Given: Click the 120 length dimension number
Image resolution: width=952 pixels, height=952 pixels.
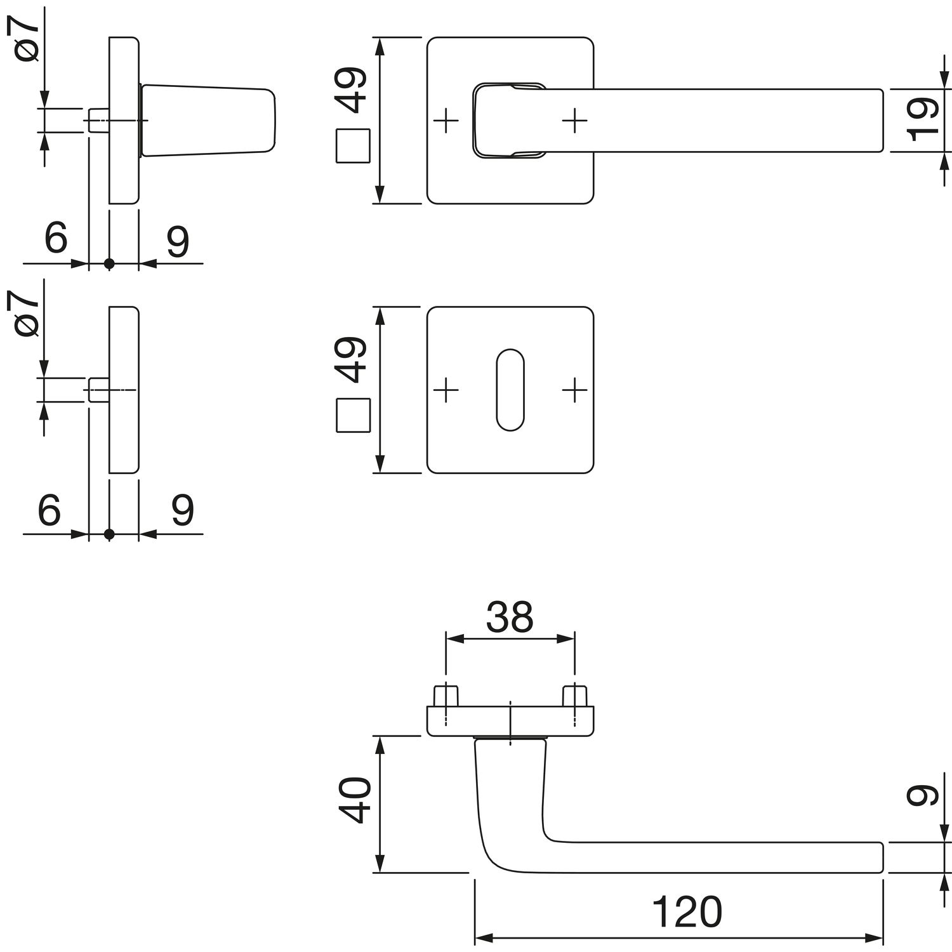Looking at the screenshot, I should tap(687, 912).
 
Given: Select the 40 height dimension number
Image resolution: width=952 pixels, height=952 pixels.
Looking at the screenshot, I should tap(353, 801).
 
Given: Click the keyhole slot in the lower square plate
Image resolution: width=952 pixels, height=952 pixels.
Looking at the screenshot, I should tap(510, 389).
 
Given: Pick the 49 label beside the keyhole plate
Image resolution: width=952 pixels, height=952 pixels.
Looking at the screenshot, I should tap(353, 360).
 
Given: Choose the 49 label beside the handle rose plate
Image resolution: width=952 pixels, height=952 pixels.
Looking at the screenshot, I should tap(353, 90).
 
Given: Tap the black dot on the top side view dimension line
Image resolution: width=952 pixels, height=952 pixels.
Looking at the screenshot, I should tap(109, 263).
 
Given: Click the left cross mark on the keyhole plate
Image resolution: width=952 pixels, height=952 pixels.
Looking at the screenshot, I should tap(447, 389).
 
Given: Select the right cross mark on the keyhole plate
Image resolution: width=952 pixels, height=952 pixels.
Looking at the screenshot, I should tap(574, 389).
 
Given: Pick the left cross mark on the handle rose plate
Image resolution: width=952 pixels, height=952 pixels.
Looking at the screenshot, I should tap(447, 120).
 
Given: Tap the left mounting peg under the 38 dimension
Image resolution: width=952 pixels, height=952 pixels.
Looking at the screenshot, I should tap(446, 696).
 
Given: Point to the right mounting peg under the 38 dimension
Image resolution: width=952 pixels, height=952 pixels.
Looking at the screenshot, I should tap(574, 696).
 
